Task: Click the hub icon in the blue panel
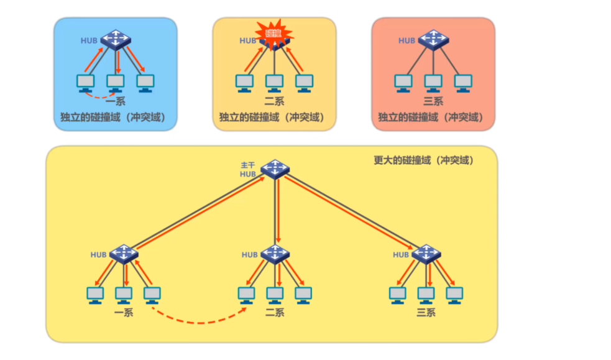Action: tap(115, 39)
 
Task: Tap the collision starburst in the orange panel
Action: tap(273, 33)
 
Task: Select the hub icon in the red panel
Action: tap(433, 40)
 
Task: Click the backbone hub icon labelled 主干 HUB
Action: tap(275, 168)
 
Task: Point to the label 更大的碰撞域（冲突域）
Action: tap(423, 160)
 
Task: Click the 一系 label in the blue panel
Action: tap(116, 101)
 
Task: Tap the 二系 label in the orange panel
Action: tap(274, 101)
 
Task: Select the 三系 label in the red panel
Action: tap(433, 101)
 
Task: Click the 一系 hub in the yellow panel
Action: tap(124, 253)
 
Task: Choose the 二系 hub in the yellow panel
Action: tap(275, 253)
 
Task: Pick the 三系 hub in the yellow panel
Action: tap(426, 253)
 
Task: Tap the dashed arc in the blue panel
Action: tap(99, 96)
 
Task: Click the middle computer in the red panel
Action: tap(433, 83)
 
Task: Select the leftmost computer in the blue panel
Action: tap(85, 83)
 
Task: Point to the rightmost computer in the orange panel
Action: tap(304, 83)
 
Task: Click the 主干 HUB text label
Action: tap(248, 169)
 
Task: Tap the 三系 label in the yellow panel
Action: tap(426, 312)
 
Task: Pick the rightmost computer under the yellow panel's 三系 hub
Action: tap(454, 294)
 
